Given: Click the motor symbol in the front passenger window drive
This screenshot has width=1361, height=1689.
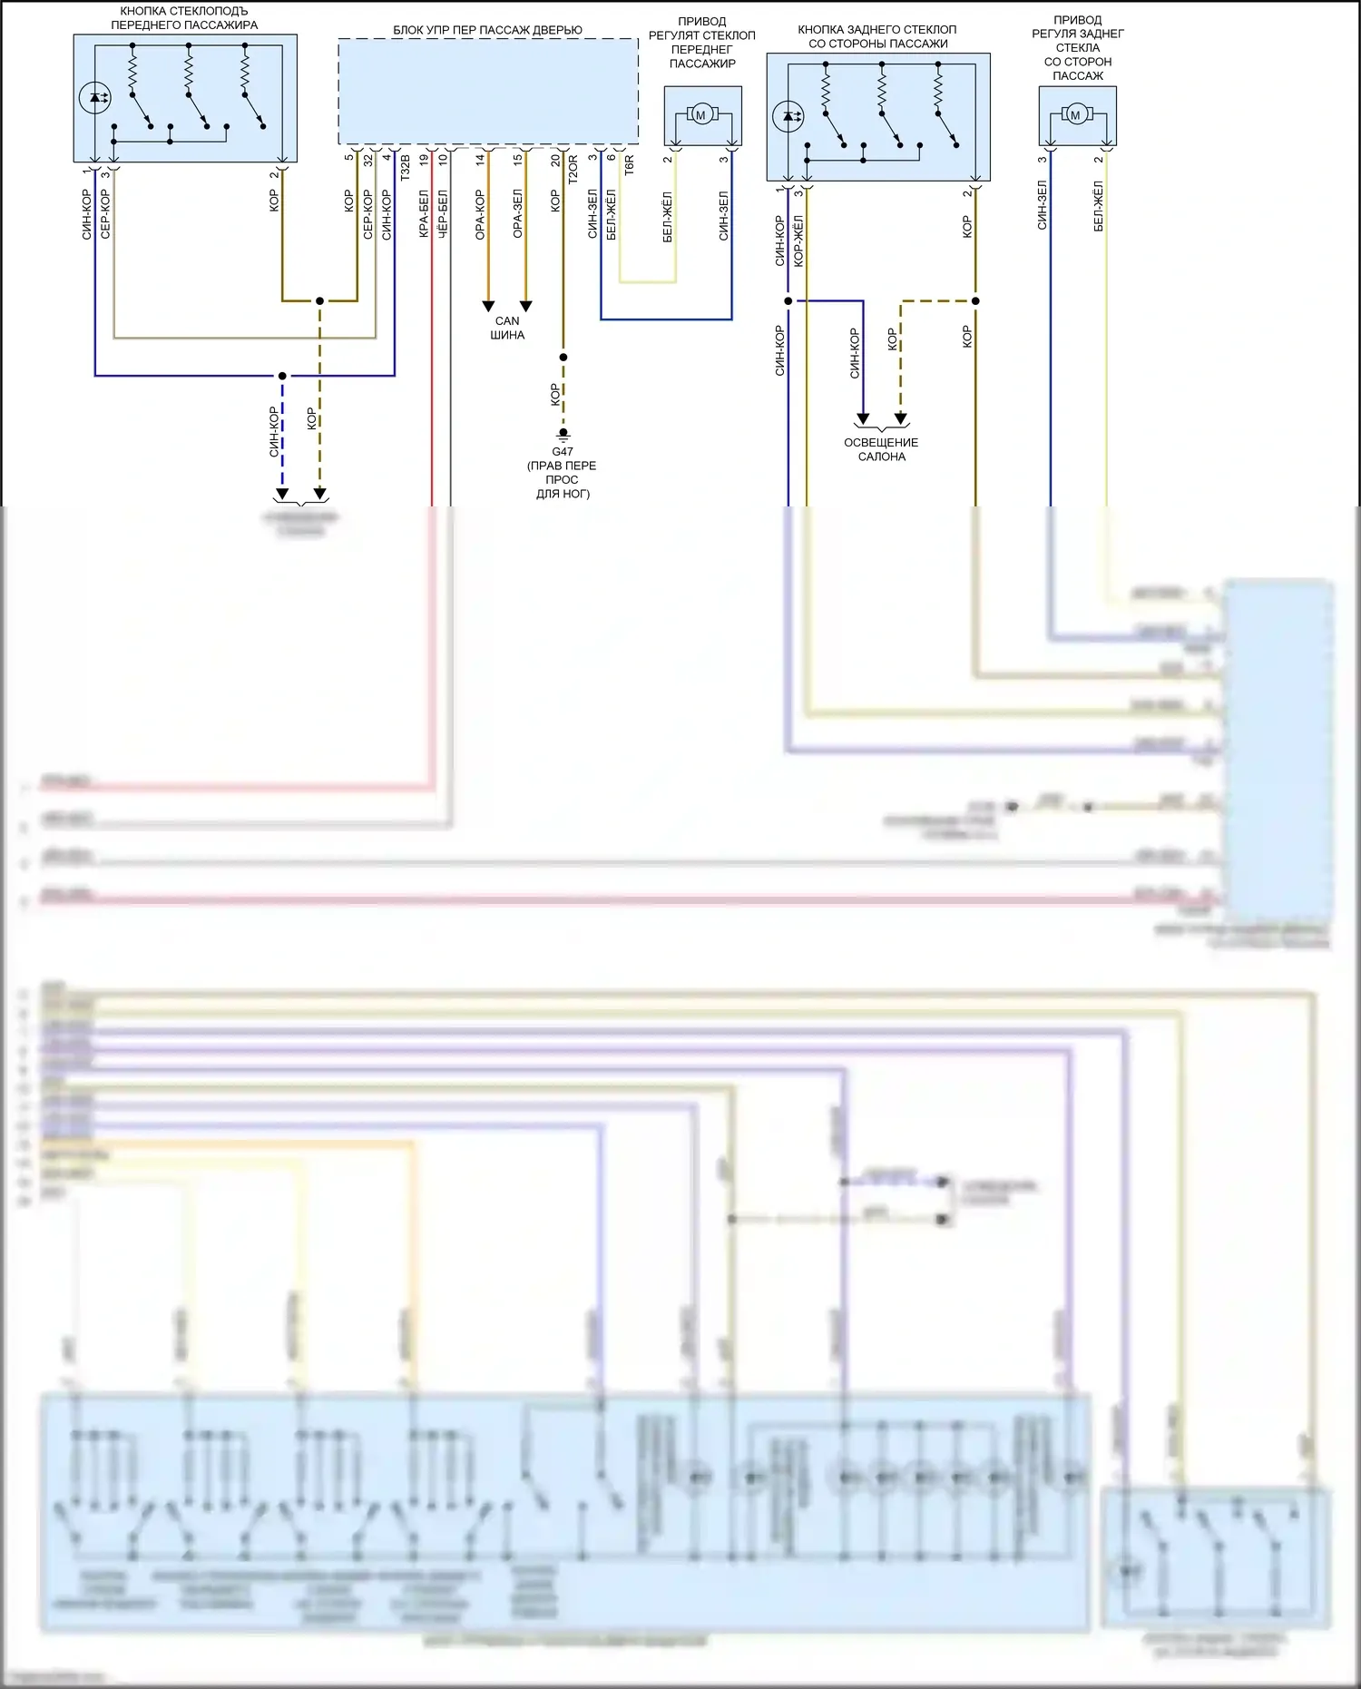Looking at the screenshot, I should pos(700,115).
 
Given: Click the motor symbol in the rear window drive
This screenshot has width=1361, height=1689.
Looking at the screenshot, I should pos(1076,115).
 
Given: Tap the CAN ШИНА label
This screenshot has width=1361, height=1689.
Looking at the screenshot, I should pos(507,328).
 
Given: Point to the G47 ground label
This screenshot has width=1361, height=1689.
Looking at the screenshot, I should pos(563,451).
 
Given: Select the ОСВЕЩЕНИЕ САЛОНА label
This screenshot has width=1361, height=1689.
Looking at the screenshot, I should pos(881,449).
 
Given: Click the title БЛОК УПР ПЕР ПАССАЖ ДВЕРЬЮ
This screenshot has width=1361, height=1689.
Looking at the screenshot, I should pos(487,30).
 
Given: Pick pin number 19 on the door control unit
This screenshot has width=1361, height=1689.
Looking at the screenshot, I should pos(424,160).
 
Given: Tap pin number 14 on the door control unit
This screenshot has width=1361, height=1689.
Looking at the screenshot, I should pos(480,160).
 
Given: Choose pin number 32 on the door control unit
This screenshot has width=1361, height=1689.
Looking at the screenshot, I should pos(367,160).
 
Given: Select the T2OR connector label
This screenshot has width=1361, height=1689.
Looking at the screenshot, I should pos(573,170).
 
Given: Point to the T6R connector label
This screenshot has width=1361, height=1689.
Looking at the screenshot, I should pos(629,165).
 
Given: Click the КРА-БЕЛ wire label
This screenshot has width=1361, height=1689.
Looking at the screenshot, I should pos(424,214).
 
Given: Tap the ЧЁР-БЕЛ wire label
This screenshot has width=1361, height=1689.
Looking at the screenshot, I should pos(443,214).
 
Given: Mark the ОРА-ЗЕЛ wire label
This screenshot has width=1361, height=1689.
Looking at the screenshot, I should pos(517,214).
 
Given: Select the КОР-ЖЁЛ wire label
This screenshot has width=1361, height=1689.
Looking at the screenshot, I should pos(798,241).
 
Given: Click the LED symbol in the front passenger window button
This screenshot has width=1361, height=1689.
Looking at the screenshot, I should pos(95,97).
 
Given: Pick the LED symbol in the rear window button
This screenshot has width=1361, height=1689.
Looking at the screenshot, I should pos(788,116).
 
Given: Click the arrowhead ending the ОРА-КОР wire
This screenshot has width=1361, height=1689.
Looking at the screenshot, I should pos(488,306).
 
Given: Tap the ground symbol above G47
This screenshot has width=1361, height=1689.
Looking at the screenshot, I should pos(563,435).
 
